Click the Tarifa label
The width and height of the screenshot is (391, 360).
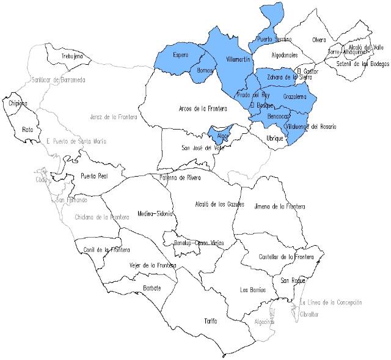(x=211, y=320)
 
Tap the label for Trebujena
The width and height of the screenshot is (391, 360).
(x=72, y=57)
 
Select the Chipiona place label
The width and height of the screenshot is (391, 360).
(x=18, y=103)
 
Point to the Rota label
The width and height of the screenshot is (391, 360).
(x=27, y=130)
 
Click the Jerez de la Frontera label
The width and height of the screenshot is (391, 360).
(x=113, y=116)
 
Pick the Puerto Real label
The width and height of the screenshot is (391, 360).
(x=94, y=176)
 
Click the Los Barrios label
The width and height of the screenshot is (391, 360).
(x=253, y=290)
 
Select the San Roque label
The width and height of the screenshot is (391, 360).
(x=292, y=281)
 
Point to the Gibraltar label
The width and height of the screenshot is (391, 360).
(x=310, y=314)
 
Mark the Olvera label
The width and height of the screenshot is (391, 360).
(x=319, y=40)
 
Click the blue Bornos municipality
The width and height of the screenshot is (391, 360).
(x=206, y=72)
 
